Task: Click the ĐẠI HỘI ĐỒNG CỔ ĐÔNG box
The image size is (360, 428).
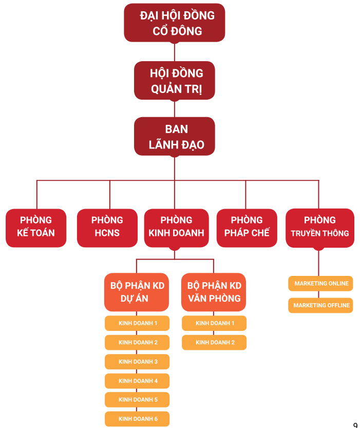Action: point(175,23)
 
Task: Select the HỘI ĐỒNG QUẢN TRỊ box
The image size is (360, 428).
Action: point(175,81)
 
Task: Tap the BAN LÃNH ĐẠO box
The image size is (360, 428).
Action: point(175,137)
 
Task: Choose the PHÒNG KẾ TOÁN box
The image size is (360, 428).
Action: point(36,227)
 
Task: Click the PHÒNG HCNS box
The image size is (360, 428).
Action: point(107,227)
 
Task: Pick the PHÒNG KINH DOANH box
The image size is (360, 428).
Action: point(176,227)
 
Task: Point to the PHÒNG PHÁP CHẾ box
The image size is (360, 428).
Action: point(247,227)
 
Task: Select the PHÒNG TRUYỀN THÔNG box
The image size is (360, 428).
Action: point(319,227)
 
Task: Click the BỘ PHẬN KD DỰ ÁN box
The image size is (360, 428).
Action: point(137,292)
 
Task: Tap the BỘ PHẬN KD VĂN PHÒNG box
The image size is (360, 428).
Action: point(214,292)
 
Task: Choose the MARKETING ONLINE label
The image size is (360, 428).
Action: point(321,284)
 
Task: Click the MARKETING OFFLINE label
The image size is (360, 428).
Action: point(321,305)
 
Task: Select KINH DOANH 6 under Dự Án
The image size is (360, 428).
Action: point(137,419)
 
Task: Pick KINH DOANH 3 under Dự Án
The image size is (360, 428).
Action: point(137,362)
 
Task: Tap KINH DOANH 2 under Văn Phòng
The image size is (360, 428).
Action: point(214,342)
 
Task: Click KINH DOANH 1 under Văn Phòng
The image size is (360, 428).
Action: point(214,323)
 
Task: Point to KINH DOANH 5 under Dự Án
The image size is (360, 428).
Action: point(137,400)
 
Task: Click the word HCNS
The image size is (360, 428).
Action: point(107,233)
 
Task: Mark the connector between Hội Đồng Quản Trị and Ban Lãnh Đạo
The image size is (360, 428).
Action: point(175,108)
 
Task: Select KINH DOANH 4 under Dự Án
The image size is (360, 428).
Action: point(137,381)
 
